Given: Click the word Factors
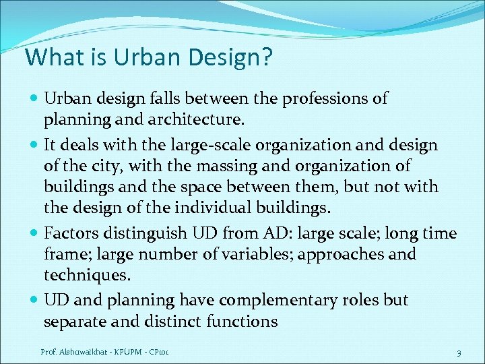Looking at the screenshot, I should (71, 233).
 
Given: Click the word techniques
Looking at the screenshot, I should (86, 276).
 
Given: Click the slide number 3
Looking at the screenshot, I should (458, 352).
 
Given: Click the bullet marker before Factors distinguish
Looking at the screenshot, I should (34, 234).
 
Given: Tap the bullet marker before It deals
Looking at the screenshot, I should (34, 146).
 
